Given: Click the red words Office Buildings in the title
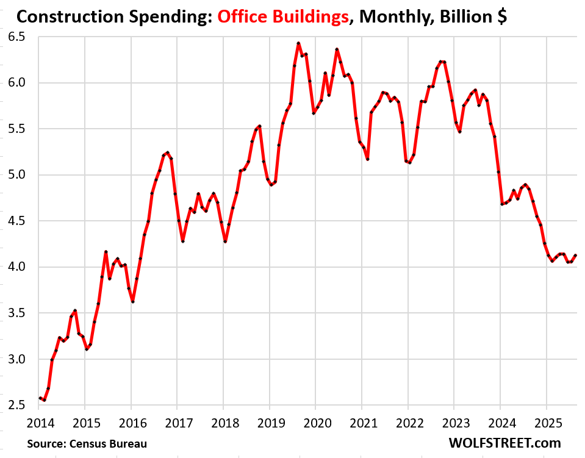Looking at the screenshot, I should pos(280,16).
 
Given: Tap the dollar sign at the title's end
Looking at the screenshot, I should pos(501,16).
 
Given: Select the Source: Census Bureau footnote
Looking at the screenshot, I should pos(87,443).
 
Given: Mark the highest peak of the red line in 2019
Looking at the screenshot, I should pos(298,43).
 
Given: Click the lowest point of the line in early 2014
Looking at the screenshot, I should pos(44,400).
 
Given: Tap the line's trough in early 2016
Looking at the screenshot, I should pos(132,302).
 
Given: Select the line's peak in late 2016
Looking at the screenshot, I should pos(167,152).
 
